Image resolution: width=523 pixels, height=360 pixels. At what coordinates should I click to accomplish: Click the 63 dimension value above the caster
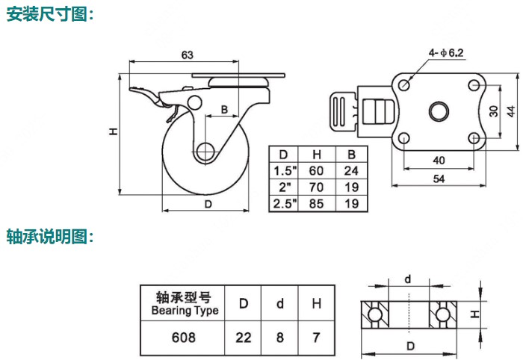[188, 55]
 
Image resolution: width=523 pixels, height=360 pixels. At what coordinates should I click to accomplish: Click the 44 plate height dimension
[510, 111]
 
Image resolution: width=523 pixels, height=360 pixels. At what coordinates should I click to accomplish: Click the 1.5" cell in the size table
[283, 170]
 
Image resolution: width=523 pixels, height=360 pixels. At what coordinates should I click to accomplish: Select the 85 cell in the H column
[317, 203]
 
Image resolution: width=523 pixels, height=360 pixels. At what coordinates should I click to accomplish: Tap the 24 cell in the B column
[350, 170]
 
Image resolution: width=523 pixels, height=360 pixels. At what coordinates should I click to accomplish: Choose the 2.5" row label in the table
[283, 203]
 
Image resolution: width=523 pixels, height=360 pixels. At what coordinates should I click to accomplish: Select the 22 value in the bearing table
[244, 338]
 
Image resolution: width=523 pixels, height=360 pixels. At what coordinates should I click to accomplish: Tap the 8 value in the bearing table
[280, 338]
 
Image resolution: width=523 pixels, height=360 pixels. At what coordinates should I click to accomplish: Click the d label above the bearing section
[407, 279]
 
